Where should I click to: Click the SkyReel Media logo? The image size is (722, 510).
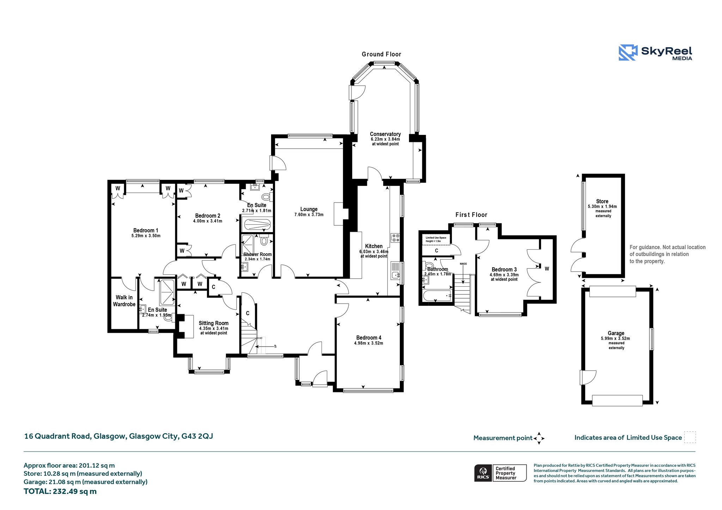pos(655,52)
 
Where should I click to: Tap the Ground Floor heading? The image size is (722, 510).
pos(381,54)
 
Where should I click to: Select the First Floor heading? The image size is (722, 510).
pos(471,215)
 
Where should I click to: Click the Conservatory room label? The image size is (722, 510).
pos(385,134)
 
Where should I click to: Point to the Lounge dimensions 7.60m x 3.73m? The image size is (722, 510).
pos(309,214)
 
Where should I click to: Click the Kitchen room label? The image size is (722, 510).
pos(374,246)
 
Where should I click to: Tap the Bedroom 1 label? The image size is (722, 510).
pos(146,230)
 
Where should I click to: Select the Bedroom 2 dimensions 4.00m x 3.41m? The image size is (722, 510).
pos(208,221)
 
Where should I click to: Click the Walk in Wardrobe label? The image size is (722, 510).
pos(124,301)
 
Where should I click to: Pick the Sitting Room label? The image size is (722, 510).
pos(214,323)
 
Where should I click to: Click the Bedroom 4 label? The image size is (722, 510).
pos(369,338)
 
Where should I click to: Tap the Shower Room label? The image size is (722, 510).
pos(258,254)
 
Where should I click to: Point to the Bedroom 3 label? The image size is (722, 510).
pos(504,270)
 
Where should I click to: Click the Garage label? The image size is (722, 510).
pos(616,333)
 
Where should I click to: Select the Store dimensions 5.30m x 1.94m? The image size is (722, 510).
pos(602,207)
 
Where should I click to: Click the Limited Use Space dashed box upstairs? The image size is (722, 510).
pos(436,240)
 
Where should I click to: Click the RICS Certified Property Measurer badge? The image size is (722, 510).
pos(500,473)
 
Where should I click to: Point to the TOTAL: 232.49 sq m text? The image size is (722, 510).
pos(60,491)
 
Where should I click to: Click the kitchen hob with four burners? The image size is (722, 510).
pos(395,238)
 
